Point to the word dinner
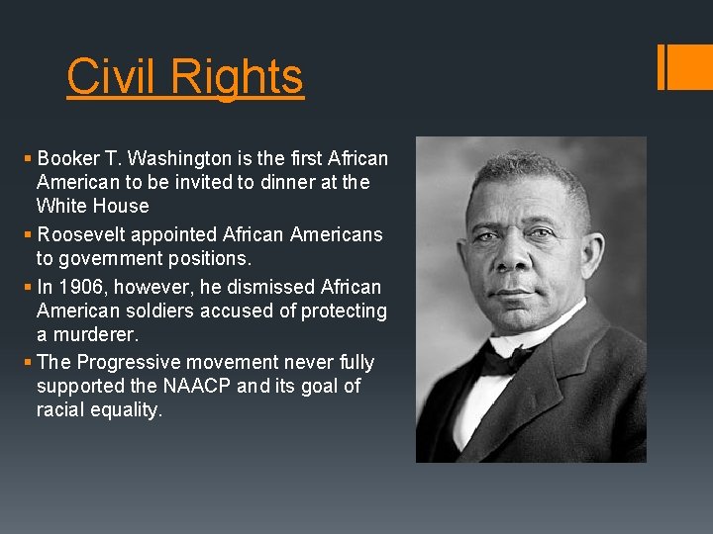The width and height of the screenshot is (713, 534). pyautogui.click(x=268, y=182)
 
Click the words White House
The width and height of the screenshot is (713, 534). pyautogui.click(x=92, y=206)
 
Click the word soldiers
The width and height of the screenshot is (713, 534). pyautogui.click(x=164, y=311)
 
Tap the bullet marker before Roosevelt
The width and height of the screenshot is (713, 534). pyautogui.click(x=28, y=235)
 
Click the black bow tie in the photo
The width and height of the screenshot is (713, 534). pyautogui.click(x=508, y=357)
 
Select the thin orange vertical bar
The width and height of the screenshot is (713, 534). pyautogui.click(x=661, y=66)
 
